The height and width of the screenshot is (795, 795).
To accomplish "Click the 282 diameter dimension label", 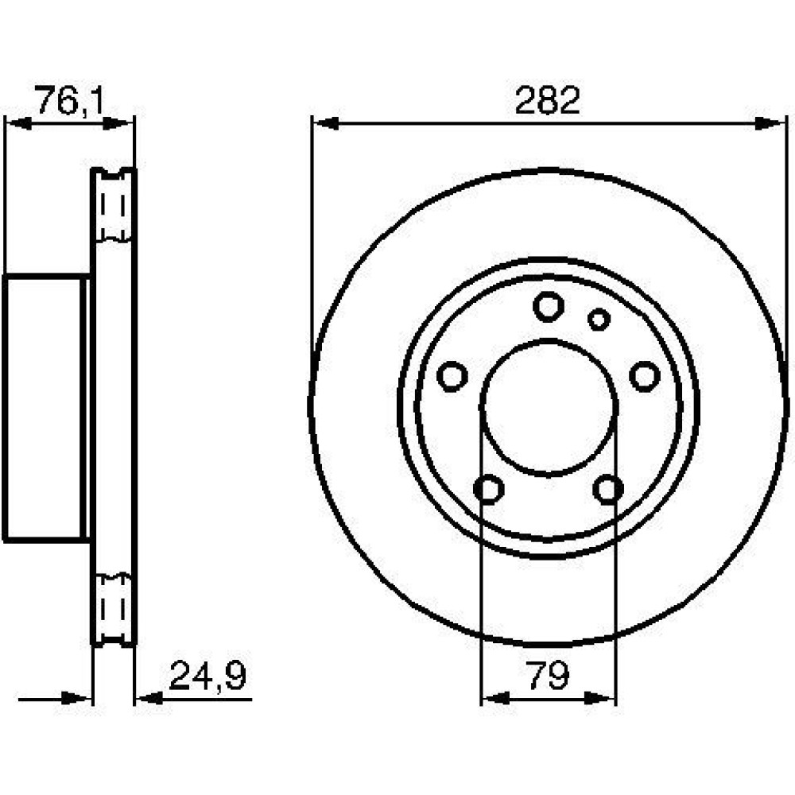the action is [x=547, y=100].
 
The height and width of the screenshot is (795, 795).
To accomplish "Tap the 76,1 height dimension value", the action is [x=69, y=100].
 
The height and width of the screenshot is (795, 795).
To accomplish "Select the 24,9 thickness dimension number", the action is [x=207, y=676].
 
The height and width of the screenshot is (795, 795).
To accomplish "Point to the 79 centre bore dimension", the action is [x=549, y=676].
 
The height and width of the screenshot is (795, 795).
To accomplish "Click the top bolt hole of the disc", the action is [x=549, y=306].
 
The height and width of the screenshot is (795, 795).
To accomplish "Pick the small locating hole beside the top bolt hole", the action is [x=599, y=319].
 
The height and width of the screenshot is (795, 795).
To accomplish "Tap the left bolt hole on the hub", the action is [x=452, y=376].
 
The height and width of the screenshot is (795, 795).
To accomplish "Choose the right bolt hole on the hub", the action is [x=645, y=376].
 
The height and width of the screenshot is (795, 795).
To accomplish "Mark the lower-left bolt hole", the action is [x=489, y=489].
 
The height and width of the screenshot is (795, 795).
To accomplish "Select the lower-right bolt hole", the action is [x=608, y=489].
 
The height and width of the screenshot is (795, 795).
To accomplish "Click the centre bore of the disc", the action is [x=549, y=407].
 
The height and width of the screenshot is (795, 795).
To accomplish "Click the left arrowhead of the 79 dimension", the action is [x=494, y=698].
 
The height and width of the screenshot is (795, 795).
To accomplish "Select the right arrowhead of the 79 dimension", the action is [x=601, y=698].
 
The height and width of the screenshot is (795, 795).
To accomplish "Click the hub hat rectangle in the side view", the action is [x=45, y=407].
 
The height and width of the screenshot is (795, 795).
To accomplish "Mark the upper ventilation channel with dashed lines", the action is [x=113, y=205].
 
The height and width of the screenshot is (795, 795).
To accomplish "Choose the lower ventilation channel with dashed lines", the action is [x=113, y=609].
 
